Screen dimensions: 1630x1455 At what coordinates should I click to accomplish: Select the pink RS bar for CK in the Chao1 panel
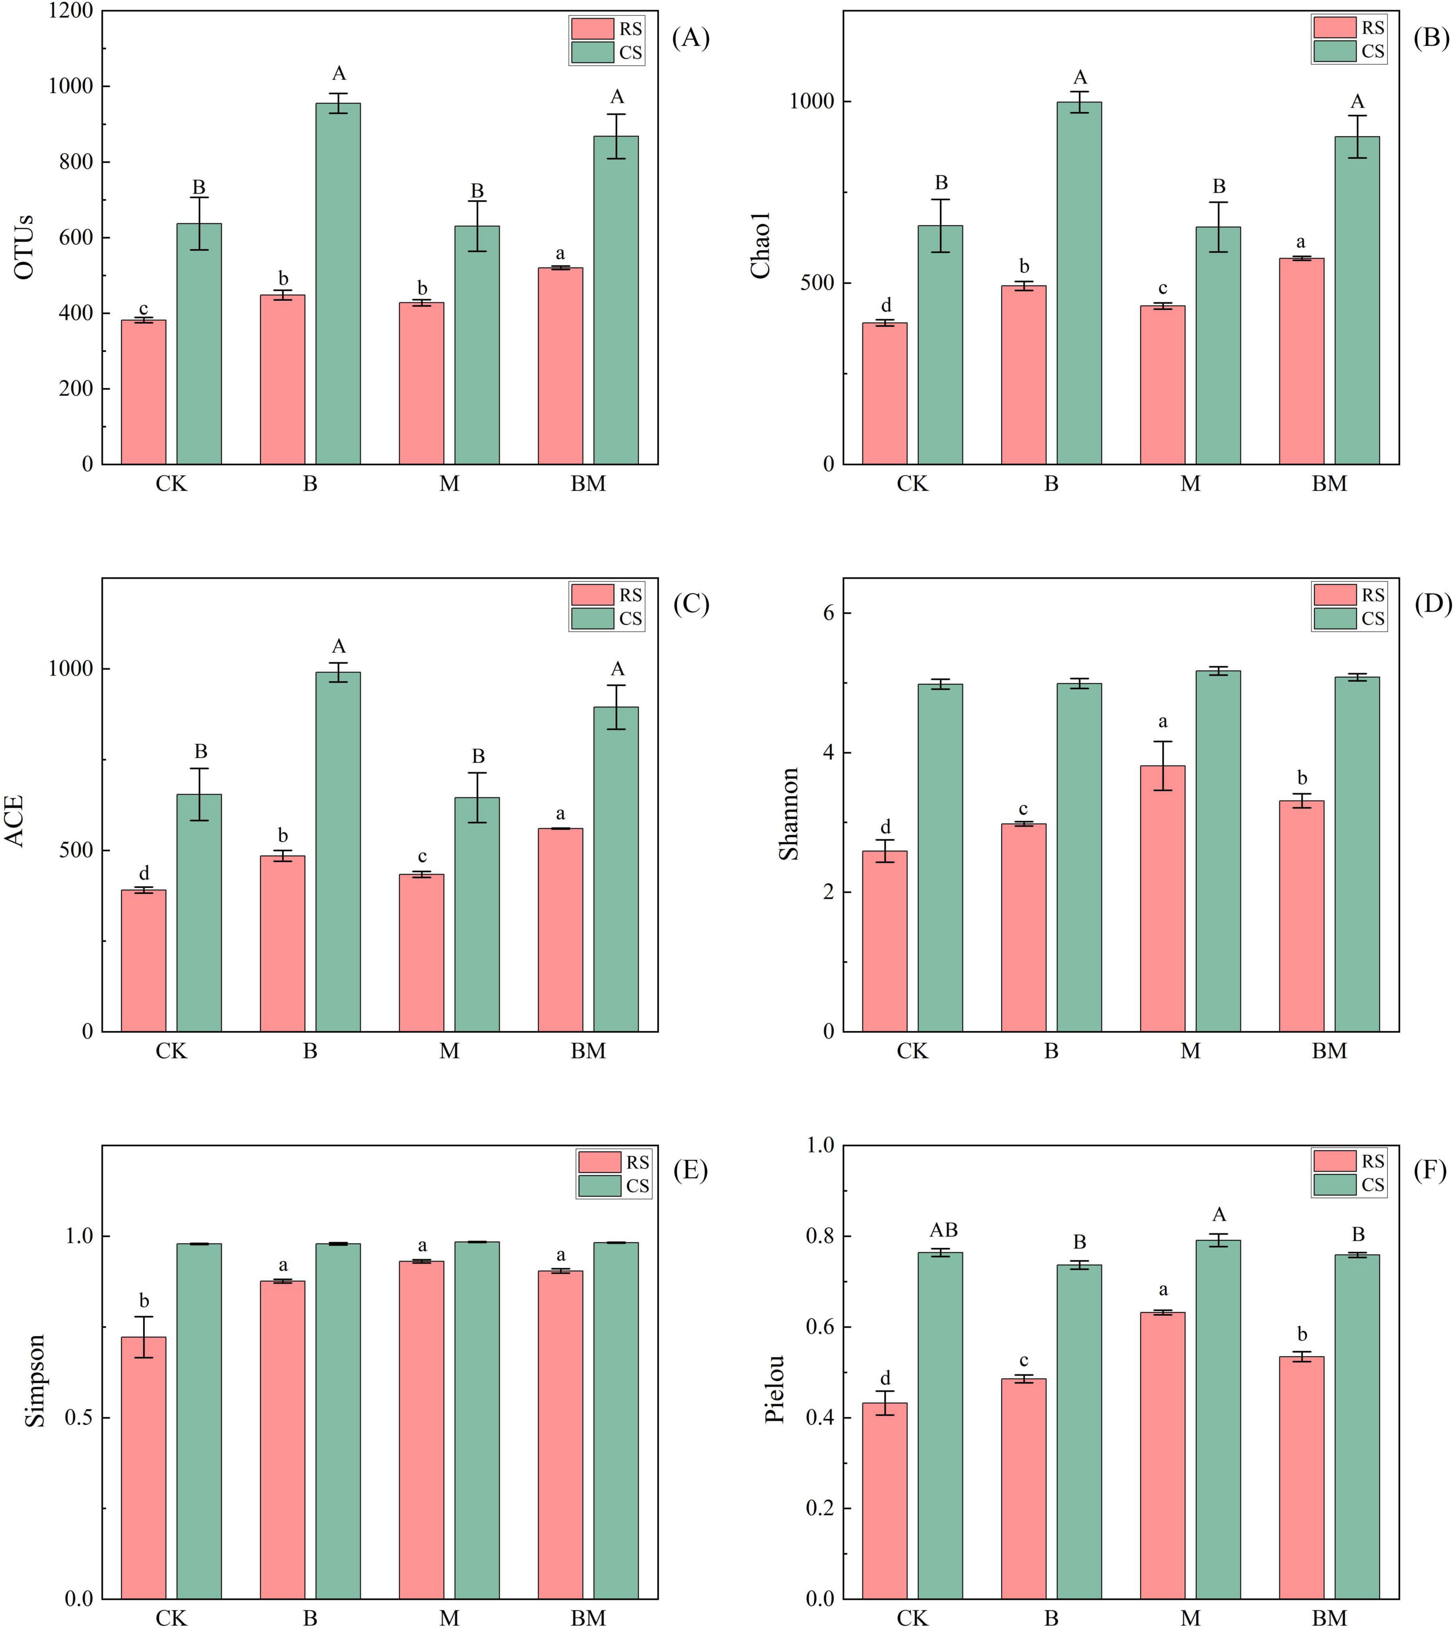[885, 393]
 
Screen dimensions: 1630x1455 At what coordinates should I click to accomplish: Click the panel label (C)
[691, 604]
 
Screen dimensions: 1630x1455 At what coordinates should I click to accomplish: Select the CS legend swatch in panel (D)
[1334, 619]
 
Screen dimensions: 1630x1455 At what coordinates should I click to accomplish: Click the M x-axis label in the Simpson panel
[449, 1618]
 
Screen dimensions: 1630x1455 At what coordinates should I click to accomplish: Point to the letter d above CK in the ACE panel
[144, 873]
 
